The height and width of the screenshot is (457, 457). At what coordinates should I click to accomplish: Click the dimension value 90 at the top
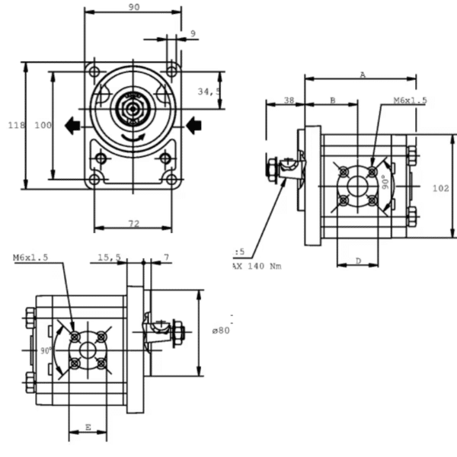[x=133, y=7]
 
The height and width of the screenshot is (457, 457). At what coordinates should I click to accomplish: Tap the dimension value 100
[x=43, y=126]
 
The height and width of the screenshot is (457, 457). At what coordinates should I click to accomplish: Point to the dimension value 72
[x=133, y=223]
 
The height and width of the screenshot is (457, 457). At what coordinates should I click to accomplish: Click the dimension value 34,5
[x=209, y=91]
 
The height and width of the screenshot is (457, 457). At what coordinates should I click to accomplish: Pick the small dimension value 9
[x=193, y=33]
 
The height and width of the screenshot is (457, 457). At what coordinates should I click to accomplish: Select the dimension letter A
[x=363, y=75]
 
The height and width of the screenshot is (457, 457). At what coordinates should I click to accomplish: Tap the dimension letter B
[x=332, y=101]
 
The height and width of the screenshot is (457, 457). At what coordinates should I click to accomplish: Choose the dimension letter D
[x=358, y=261]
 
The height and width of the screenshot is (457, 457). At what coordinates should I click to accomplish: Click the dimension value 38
[x=289, y=101]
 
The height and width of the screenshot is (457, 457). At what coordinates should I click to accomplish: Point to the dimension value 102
[x=440, y=187]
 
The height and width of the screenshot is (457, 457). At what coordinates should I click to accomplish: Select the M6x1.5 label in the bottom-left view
[x=30, y=258]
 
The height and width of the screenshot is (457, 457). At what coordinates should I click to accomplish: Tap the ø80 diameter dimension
[x=221, y=330]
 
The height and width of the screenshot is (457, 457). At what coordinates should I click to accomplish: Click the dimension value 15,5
[x=110, y=258]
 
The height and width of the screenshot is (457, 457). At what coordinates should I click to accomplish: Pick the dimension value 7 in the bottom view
[x=166, y=258]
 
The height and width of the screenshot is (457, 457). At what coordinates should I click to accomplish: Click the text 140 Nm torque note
[x=257, y=266]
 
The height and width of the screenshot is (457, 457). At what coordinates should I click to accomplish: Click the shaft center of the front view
[x=134, y=110]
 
